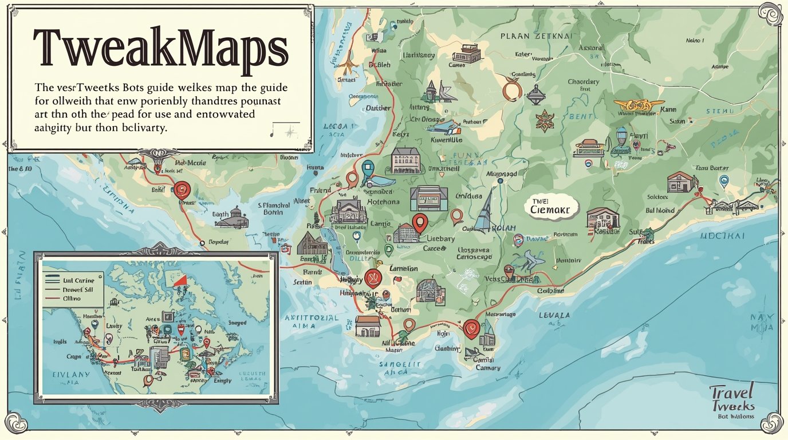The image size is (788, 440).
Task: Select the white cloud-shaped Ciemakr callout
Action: click(551, 207)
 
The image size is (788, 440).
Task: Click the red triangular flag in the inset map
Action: click(181, 280)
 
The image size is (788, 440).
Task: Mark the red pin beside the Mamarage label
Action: click(471, 327)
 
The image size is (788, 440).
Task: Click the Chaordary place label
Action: click(583, 82)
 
